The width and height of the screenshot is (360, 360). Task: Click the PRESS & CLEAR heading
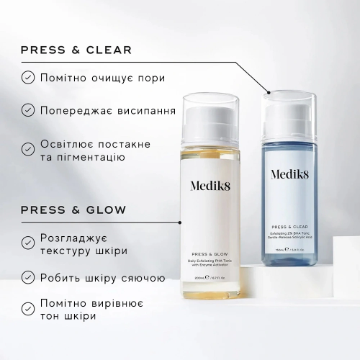pyautogui.click(x=76, y=50)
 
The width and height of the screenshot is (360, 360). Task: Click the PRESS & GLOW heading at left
pyautogui.click(x=73, y=210)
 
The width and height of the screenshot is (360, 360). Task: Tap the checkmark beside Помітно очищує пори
pyautogui.click(x=27, y=77)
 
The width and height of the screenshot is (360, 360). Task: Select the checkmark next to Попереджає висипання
pyautogui.click(x=27, y=110)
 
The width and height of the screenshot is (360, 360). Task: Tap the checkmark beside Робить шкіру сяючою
pyautogui.click(x=27, y=276)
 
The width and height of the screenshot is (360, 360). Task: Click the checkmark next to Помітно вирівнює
pyautogui.click(x=27, y=309)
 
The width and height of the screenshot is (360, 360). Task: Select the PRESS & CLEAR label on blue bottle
pyautogui.click(x=292, y=225)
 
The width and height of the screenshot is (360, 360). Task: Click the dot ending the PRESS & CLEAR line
pyautogui.click(x=269, y=91)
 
